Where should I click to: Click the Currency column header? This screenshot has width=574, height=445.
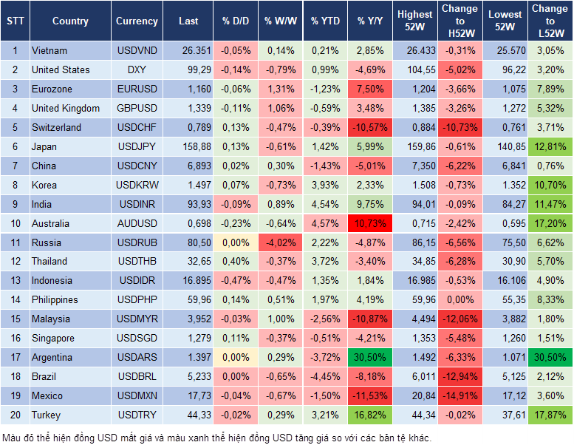(137, 21)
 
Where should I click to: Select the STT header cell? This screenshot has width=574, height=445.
(14, 21)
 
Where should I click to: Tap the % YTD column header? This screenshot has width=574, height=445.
(323, 21)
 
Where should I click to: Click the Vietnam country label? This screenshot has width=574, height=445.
(49, 50)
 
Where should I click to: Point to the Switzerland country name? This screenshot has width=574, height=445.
(56, 127)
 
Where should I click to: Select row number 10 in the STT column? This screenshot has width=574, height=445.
(14, 223)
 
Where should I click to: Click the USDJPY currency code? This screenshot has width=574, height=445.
(137, 146)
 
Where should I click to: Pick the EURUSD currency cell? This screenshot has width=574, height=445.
(137, 89)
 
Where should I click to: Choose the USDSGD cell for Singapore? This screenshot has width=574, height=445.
(137, 338)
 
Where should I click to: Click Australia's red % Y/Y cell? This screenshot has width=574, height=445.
(369, 223)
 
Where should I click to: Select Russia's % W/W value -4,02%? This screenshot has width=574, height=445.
(278, 242)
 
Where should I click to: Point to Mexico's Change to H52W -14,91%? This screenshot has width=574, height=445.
(459, 395)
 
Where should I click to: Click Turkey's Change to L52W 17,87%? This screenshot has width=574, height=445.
(550, 415)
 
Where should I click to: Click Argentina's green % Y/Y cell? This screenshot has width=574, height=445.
(369, 357)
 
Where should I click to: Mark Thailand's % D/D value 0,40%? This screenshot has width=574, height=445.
(235, 261)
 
